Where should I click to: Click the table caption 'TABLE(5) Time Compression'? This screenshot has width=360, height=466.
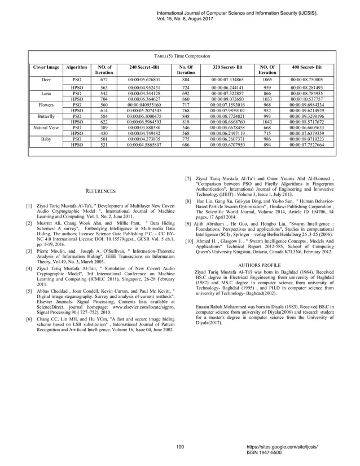tap(182, 57)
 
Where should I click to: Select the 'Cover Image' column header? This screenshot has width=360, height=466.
tap(46, 68)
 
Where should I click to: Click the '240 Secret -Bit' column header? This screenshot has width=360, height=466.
tap(144, 68)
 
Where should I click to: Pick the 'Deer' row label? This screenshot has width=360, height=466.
tap(46, 80)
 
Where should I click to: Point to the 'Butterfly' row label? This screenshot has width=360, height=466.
tap(46, 116)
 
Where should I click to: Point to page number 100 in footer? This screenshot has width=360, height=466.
tap(180, 447)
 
